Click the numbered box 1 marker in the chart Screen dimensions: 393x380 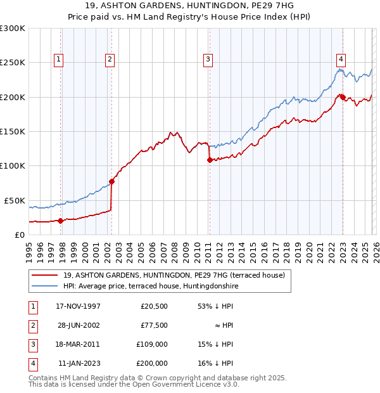(58, 60)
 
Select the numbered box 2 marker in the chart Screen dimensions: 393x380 (110, 60)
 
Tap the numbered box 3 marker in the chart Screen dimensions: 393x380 (208, 60)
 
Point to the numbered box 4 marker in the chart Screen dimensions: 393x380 (341, 60)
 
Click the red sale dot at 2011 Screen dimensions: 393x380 (210, 160)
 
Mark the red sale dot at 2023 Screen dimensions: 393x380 (342, 98)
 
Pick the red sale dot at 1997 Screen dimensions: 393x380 (61, 221)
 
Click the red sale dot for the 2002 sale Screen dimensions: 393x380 (112, 181)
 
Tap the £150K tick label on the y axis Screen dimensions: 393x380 (12, 132)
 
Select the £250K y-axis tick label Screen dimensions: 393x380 (12, 63)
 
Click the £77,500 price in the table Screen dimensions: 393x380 (154, 325)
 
